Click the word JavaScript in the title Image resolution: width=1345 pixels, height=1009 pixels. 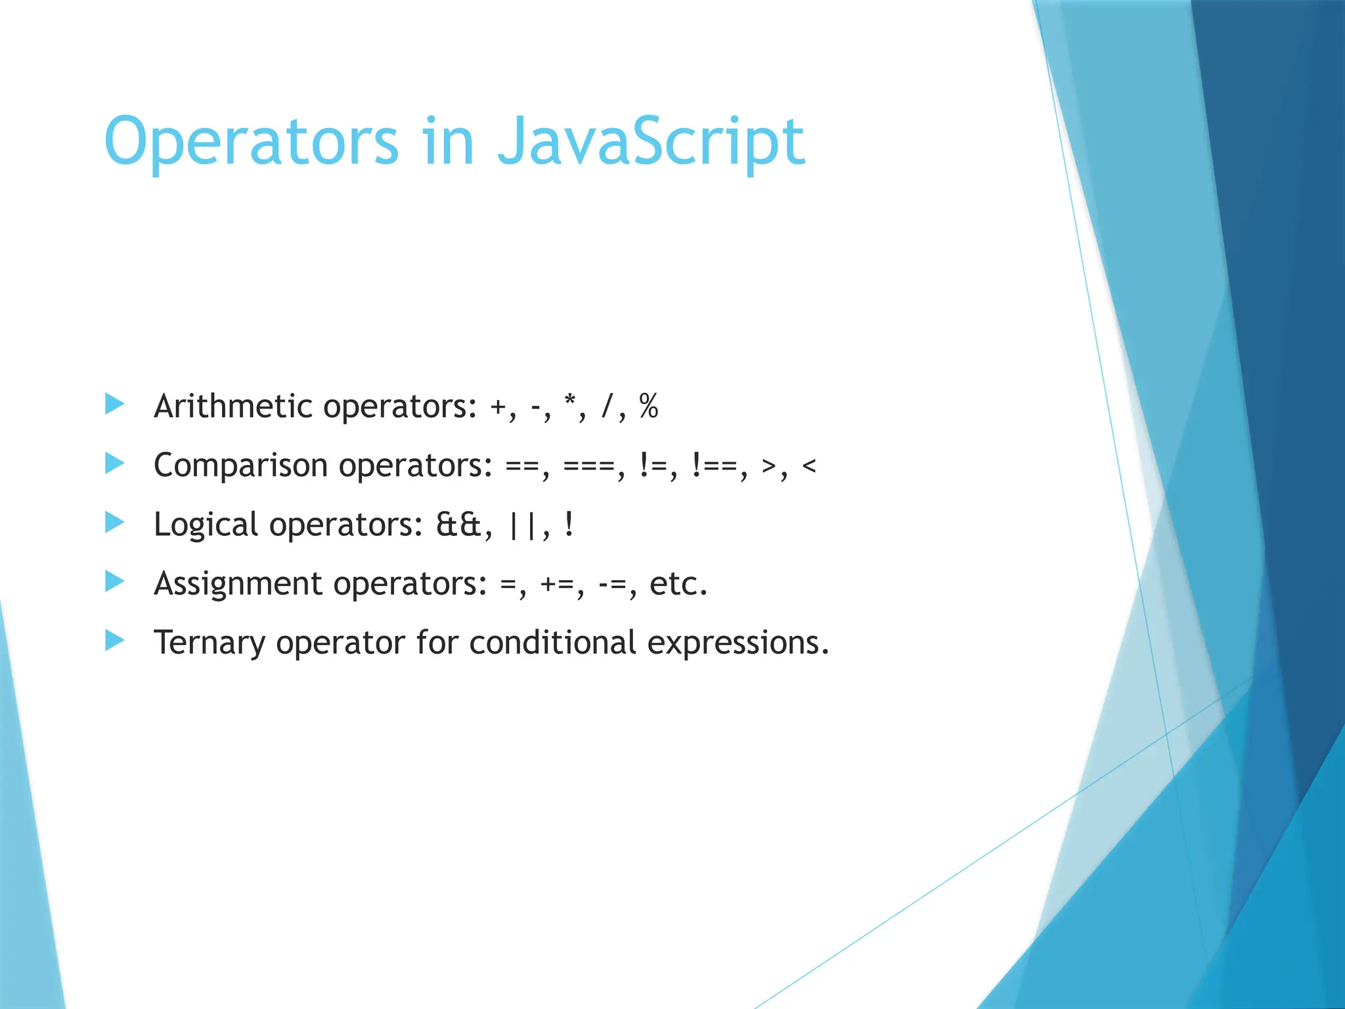650,141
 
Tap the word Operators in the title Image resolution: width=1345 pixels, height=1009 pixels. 252,141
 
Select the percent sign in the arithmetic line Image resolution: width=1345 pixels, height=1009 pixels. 649,407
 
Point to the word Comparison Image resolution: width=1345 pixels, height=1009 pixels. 240,466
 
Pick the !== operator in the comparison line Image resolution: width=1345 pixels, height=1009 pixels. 715,466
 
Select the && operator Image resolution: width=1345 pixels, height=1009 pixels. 459,525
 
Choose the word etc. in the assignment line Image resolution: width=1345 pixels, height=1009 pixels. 678,584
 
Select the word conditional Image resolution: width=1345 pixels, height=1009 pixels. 552,642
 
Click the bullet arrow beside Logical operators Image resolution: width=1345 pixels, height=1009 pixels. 114,523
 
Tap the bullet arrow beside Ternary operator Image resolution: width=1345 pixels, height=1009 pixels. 114,640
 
